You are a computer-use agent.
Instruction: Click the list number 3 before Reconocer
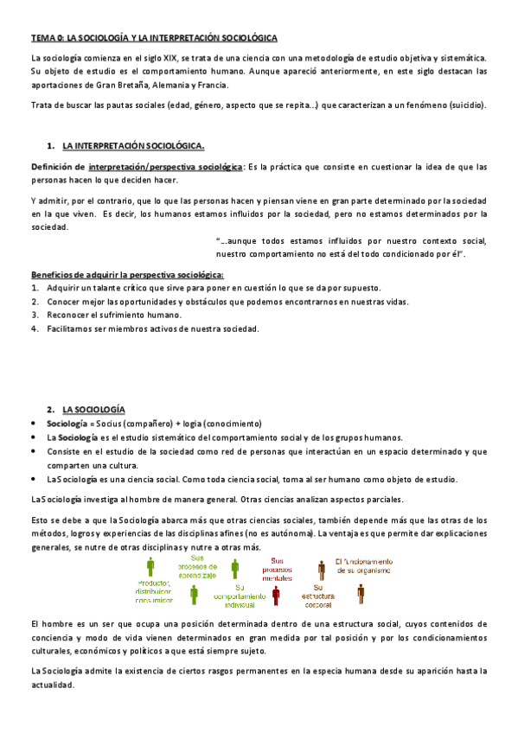(34, 315)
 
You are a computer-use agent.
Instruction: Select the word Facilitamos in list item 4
(72, 328)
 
